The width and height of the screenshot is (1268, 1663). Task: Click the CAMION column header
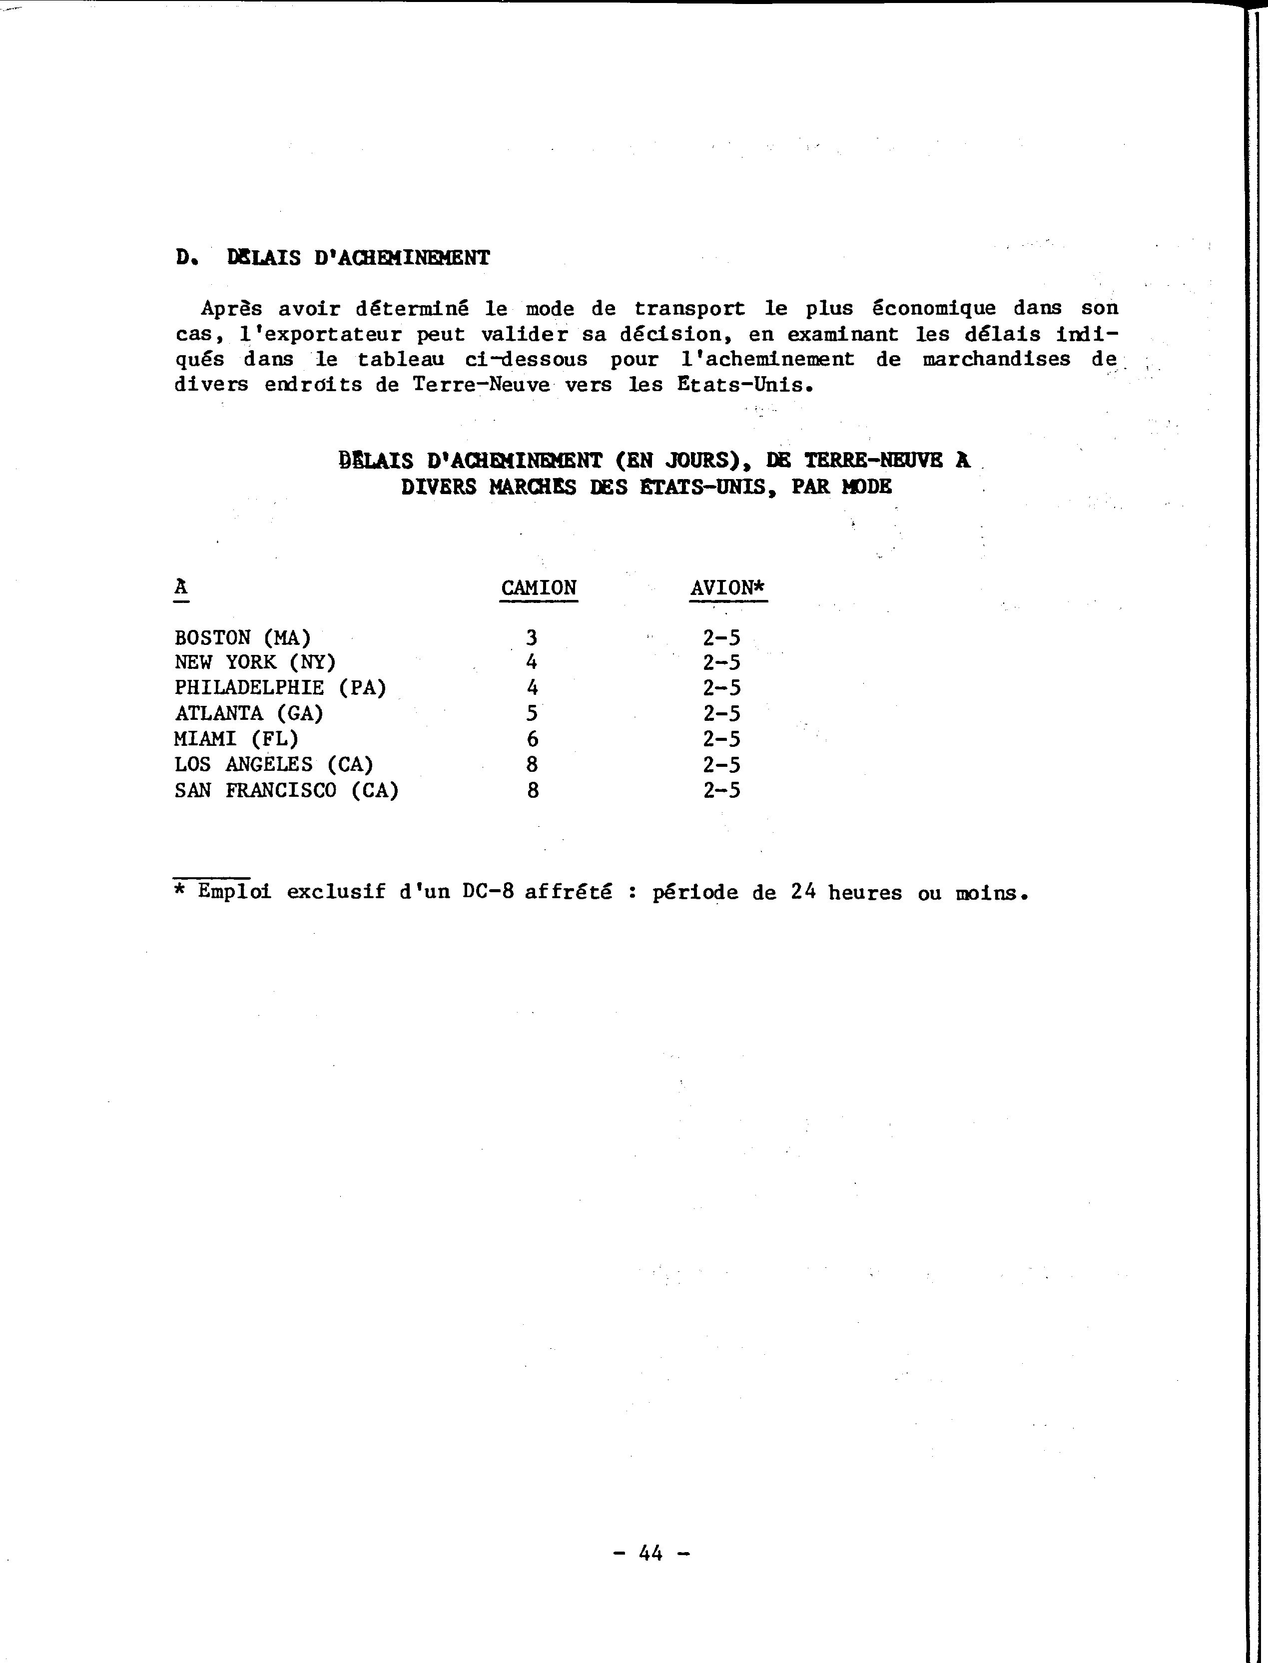539,588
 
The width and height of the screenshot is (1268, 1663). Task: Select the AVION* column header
728,588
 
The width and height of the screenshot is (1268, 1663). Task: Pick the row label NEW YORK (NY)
255,662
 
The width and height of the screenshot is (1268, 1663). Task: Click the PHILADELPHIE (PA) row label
280,688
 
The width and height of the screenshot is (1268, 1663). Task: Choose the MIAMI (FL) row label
236,739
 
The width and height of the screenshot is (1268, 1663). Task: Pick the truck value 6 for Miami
532,739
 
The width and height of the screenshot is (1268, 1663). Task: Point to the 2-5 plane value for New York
721,662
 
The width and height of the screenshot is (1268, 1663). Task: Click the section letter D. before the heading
184,258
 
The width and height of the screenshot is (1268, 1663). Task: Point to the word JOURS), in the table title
706,460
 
